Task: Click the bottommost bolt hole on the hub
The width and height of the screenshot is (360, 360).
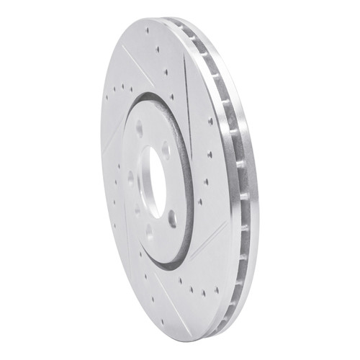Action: tap(148, 232)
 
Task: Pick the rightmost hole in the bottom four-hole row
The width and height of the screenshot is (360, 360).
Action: tap(216, 290)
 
